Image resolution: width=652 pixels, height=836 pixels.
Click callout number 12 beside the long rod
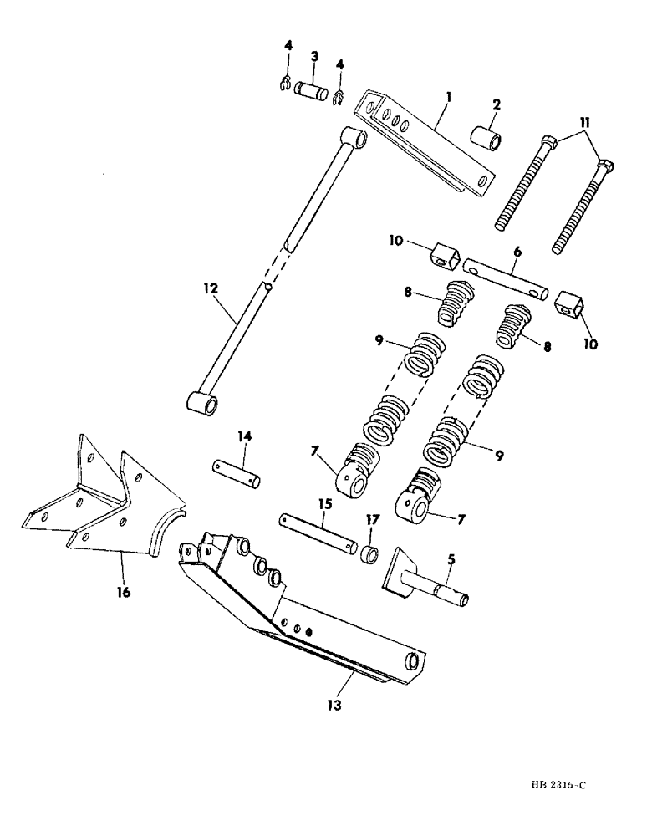point(210,288)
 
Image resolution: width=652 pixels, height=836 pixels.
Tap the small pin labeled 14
point(237,472)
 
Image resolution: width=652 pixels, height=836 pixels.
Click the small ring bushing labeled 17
point(370,553)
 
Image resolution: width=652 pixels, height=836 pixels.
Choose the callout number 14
point(244,436)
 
